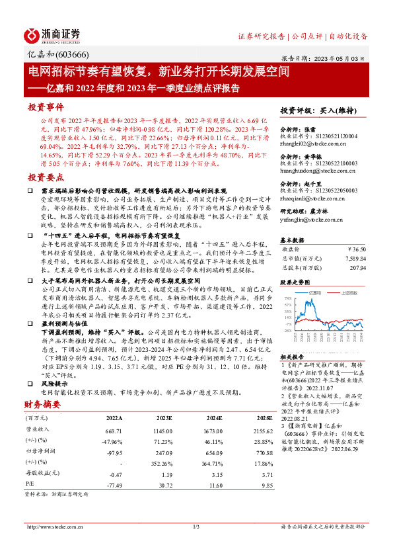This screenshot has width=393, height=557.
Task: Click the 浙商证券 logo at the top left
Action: coord(52,34)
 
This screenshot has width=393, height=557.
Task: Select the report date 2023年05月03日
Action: coord(341,58)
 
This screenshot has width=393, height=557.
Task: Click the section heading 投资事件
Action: coord(46,107)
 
